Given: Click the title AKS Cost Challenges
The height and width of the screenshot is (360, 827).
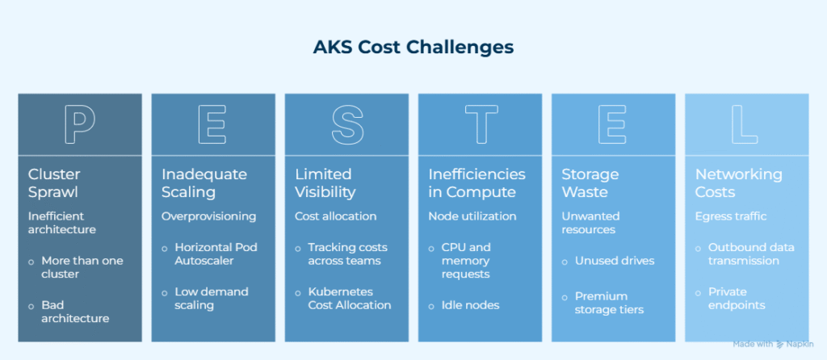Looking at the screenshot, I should (x=413, y=47).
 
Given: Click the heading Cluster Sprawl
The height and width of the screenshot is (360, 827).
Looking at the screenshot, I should (x=54, y=183).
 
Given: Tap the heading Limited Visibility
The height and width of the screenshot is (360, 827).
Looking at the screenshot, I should (x=325, y=183).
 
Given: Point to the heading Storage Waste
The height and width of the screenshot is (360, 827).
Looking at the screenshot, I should (x=591, y=183).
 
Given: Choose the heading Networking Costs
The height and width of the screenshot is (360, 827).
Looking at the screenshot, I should (x=728, y=183).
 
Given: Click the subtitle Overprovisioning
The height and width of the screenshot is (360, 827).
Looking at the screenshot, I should (x=208, y=216).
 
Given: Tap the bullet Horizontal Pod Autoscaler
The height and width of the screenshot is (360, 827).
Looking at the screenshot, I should (x=216, y=253).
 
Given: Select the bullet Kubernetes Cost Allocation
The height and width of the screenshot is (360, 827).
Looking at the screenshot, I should (x=349, y=298).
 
